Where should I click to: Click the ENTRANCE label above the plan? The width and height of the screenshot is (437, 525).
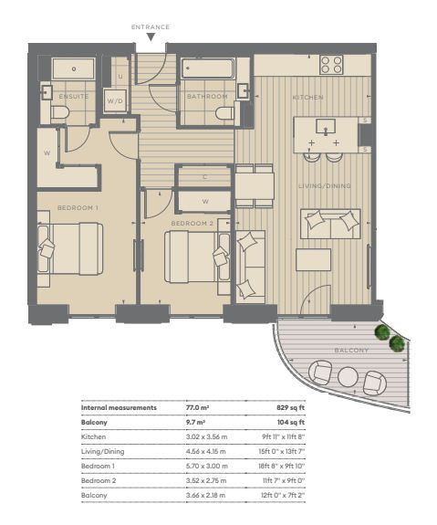coord(151,27)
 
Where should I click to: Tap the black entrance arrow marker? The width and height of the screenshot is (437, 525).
coord(151,37)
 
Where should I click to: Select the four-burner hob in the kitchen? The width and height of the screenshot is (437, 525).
coord(331,65)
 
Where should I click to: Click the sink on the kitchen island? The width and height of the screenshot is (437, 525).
coord(326,127)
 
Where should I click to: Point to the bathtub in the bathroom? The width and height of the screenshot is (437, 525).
coord(207,68)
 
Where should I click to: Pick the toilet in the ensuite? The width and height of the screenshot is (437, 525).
coord(60,111)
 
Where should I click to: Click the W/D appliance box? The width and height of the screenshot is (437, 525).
coord(115,100)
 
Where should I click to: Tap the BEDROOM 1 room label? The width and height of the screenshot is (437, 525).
coord(78,208)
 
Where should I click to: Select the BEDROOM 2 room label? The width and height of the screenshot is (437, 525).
coord(192,224)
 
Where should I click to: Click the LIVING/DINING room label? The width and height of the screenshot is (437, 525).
coord(325,186)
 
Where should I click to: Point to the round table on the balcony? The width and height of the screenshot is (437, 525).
coord(348,377)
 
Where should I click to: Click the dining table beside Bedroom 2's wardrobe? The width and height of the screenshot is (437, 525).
coord(255,186)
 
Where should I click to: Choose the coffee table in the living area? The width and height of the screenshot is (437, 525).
coord(313,259)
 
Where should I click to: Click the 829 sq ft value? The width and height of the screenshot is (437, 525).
coord(290,408)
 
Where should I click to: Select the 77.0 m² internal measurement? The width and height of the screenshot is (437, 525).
coord(197,408)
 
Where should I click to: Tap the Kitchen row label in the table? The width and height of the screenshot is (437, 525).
coord(93,437)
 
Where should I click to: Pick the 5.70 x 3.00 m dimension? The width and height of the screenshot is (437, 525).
coord(207,466)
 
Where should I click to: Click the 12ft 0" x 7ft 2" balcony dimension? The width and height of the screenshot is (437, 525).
coord(283,495)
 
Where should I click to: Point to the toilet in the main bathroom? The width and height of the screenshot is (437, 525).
coord(224,113)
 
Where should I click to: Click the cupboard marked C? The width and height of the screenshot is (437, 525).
coord(204,177)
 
